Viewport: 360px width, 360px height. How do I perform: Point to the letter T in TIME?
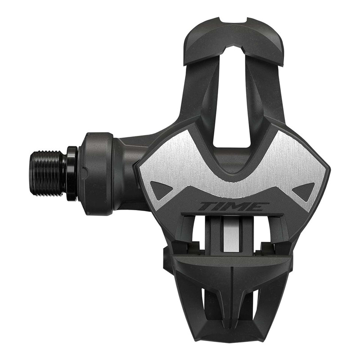(x=208, y=207)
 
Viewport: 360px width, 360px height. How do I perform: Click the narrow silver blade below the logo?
(x=230, y=234)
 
